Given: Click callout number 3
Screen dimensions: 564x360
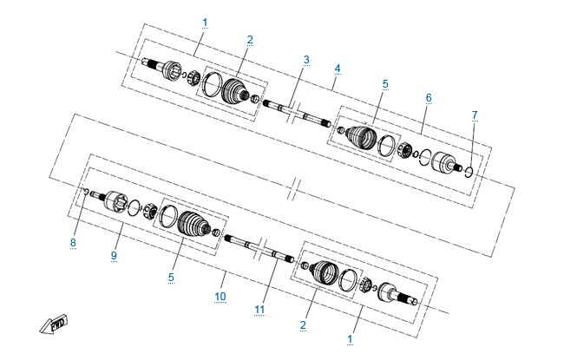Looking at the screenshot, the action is [306, 59].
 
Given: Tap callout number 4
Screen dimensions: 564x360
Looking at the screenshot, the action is [337, 68].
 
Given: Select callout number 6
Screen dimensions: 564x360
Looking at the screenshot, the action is [429, 97].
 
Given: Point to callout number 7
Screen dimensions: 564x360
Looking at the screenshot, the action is [475, 115].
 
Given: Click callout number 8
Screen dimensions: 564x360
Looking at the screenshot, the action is [73, 242].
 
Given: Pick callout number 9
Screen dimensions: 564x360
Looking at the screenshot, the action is [114, 255].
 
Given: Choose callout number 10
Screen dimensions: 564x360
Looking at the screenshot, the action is [220, 297].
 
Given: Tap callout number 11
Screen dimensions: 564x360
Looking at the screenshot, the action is [259, 310].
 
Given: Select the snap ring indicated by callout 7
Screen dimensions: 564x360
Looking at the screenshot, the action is [469, 173].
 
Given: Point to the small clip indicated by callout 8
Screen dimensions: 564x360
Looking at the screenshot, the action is [86, 191].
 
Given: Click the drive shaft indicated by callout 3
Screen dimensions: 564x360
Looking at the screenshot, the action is [297, 112].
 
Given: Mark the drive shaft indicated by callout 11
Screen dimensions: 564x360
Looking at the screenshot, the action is [259, 248].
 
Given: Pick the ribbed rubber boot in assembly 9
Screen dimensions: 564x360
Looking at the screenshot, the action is [193, 223].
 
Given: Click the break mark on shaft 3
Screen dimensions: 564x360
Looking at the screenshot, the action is [292, 112].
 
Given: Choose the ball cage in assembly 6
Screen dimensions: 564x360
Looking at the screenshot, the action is [404, 150].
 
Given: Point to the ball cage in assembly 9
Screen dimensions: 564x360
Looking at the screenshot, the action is [149, 211].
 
